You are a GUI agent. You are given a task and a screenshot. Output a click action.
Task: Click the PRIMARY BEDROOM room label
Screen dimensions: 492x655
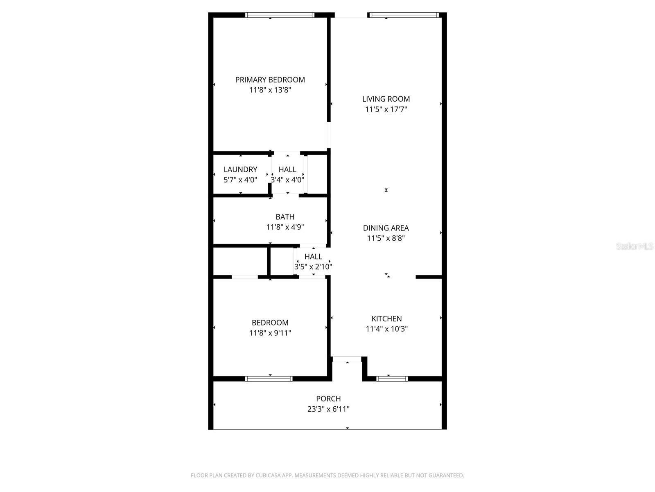270,80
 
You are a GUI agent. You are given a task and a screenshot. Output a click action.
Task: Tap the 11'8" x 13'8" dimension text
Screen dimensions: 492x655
270,90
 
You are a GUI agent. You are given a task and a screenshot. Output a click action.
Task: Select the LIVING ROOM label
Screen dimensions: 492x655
386,99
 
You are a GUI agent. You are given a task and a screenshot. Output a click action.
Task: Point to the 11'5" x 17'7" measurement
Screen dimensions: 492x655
386,109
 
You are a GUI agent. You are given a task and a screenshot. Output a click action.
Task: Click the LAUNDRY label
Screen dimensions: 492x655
240,169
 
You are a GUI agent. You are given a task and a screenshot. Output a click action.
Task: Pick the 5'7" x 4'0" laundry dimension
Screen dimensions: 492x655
240,180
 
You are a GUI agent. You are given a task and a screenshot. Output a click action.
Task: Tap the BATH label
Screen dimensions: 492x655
285,217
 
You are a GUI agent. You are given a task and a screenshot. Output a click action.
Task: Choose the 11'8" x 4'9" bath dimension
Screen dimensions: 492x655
285,227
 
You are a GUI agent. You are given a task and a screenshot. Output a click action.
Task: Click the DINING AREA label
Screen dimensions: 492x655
386,228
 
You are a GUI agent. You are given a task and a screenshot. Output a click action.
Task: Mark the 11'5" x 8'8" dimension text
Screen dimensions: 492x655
386,238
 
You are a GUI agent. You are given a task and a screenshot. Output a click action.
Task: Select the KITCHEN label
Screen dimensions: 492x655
386,319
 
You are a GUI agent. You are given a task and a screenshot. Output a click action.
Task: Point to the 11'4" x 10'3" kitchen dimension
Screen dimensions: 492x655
386,329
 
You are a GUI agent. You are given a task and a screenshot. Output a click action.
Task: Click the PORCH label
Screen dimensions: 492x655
328,399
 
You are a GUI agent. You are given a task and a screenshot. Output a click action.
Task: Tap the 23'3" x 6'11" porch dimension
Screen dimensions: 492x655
328,409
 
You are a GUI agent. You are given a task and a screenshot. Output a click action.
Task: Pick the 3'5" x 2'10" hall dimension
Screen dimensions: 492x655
313,267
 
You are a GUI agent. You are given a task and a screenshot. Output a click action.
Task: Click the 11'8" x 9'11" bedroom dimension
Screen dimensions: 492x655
270,333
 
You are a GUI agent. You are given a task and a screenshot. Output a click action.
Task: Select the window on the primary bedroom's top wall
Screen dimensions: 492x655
280,15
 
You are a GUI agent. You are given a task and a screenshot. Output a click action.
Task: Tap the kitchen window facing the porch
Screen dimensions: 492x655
392,378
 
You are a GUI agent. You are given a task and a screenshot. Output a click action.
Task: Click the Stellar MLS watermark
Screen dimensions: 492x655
634,246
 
